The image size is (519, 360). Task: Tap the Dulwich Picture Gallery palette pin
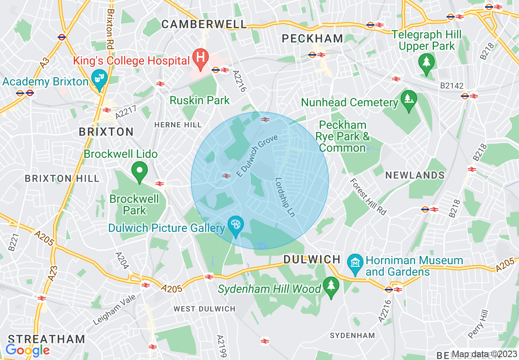(x=236, y=225)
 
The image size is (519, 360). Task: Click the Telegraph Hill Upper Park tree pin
(x=426, y=63)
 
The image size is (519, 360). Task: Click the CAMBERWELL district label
(x=204, y=24)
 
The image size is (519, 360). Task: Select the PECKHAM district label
(x=313, y=38)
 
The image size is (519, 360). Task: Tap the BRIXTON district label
(x=106, y=132)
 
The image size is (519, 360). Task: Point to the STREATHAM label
(x=47, y=339)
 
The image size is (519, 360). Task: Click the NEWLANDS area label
(x=415, y=175)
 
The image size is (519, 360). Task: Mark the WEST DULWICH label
(x=205, y=309)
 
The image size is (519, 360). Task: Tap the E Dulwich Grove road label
(x=257, y=156)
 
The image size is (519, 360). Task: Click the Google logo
(x=27, y=350)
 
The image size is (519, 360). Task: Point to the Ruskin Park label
(x=200, y=100)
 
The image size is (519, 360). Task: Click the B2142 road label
(x=452, y=86)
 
